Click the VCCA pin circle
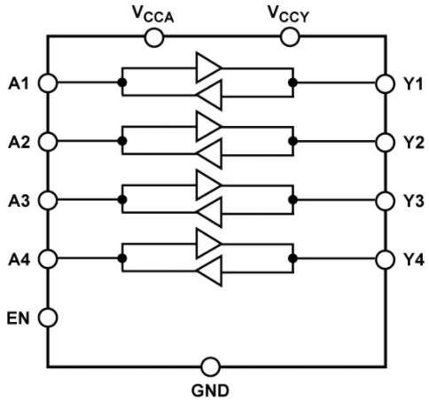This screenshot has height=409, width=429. [154, 37]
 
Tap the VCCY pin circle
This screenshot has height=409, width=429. [290, 37]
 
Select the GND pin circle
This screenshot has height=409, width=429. [210, 366]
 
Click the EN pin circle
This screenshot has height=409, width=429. [48, 318]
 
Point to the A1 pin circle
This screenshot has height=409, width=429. [48, 83]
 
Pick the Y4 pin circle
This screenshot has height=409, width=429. [385, 260]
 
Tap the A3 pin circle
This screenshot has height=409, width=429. [48, 201]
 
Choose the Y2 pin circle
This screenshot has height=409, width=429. [385, 142]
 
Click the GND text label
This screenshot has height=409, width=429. [210, 390]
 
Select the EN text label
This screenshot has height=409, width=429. [19, 319]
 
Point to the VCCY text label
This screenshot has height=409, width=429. [288, 14]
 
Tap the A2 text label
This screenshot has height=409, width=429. [19, 143]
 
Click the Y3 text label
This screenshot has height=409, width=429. [414, 201]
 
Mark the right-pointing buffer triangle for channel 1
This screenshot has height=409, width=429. [208, 67]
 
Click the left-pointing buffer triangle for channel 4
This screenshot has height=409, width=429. [209, 271]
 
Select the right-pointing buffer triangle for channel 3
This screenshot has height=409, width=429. [208, 185]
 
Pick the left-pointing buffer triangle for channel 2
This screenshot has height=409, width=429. [209, 154]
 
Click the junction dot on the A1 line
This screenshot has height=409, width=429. [122, 83]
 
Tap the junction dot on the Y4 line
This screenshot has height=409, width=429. [292, 258]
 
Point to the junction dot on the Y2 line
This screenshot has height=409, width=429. [292, 141]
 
